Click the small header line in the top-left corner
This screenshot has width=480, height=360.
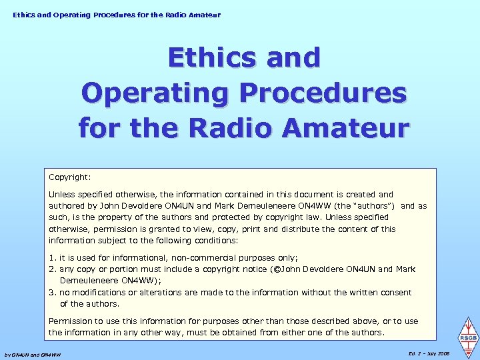tap(116, 15)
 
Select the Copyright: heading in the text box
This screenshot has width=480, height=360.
tap(69, 178)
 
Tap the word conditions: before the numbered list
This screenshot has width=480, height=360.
tap(216, 241)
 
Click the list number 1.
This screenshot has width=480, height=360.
tap(52, 258)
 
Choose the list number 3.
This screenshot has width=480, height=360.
tap(52, 293)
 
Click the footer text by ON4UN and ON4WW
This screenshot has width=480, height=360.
tap(33, 355)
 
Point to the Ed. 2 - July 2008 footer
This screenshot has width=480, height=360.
tap(428, 353)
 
